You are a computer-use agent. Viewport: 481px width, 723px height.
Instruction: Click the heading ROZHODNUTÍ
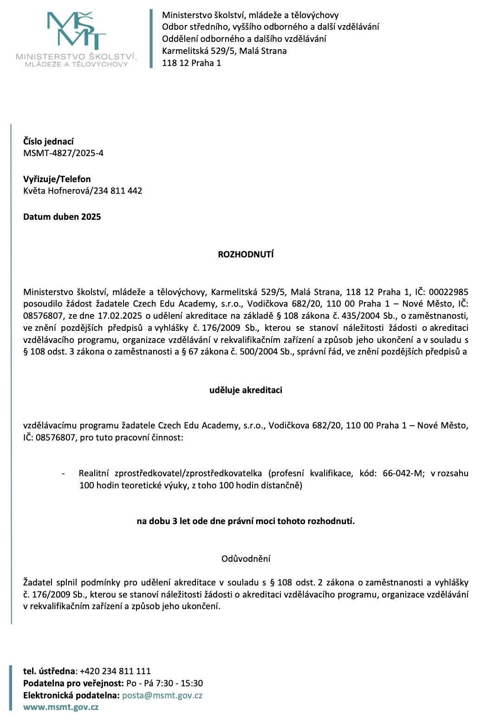(246, 254)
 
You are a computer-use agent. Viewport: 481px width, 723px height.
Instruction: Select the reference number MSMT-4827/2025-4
(63, 153)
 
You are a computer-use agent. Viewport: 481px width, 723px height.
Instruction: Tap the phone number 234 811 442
(118, 191)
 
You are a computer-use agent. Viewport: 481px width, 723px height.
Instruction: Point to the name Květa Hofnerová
(57, 191)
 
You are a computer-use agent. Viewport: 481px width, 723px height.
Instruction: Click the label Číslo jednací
(48, 141)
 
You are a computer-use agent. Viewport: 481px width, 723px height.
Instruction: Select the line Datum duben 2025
(62, 217)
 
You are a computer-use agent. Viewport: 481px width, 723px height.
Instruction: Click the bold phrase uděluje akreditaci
(246, 390)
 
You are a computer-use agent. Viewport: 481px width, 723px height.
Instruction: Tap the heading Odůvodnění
(246, 559)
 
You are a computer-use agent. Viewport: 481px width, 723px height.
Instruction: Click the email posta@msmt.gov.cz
(162, 696)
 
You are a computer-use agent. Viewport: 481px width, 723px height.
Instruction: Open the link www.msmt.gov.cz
(61, 707)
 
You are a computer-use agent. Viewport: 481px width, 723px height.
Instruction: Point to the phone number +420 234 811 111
(115, 671)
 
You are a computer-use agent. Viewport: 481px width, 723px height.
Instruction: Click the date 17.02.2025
(120, 316)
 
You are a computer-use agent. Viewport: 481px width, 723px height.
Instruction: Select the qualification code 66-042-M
(403, 473)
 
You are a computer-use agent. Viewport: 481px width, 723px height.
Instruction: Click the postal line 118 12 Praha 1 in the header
(191, 63)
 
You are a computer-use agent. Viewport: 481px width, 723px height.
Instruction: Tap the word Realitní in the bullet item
(93, 473)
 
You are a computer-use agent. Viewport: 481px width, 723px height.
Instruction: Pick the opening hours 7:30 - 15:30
(178, 684)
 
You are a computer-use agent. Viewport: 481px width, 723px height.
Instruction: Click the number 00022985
(448, 292)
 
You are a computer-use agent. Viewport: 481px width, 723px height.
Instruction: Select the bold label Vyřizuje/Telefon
(57, 179)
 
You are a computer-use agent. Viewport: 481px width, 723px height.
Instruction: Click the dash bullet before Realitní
(63, 473)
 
